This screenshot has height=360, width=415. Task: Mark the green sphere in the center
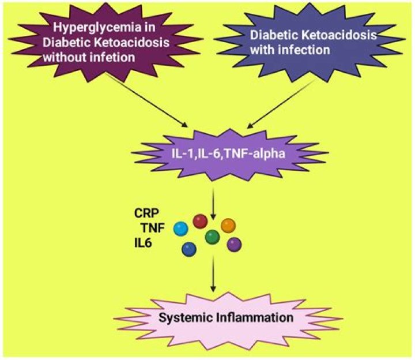[212, 237]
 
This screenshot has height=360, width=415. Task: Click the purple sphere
[234, 244]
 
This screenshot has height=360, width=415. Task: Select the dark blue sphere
[188, 249]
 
